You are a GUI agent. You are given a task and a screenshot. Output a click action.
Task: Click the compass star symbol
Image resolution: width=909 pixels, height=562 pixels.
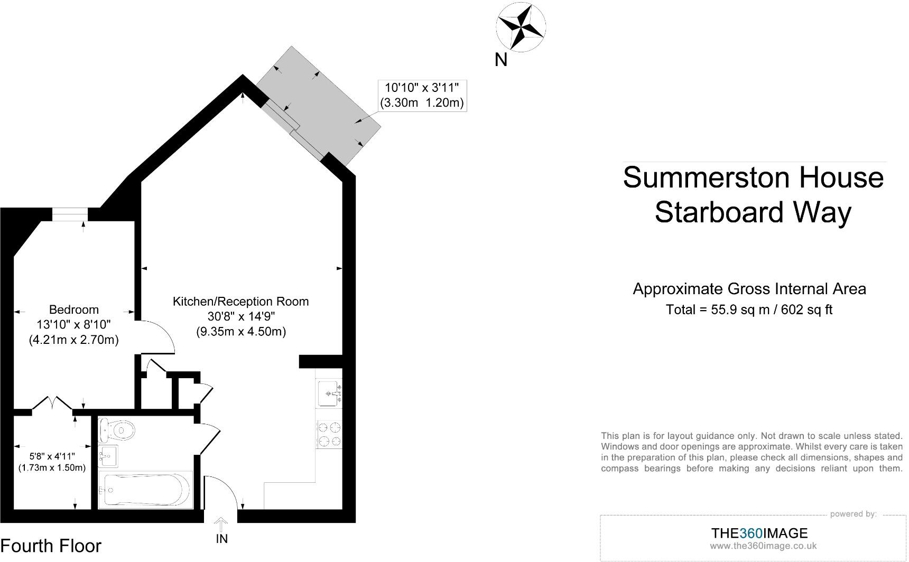click(521, 26)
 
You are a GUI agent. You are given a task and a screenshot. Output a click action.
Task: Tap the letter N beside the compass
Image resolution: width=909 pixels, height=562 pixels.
click(500, 60)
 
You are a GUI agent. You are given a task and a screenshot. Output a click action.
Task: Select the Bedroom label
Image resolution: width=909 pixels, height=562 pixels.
click(73, 310)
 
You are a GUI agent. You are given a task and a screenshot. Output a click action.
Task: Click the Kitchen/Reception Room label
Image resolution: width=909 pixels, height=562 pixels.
click(240, 302)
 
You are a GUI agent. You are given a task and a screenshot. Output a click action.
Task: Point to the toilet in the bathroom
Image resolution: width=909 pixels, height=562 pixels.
click(117, 430)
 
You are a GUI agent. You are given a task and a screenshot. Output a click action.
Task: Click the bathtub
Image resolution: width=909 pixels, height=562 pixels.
click(146, 490)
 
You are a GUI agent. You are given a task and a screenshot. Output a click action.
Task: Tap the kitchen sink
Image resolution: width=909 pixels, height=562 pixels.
click(328, 394)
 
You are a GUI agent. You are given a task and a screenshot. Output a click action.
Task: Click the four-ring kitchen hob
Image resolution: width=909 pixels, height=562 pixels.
click(329, 434)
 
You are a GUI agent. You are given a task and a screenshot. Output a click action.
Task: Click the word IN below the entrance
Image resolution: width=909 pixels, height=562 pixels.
click(222, 539)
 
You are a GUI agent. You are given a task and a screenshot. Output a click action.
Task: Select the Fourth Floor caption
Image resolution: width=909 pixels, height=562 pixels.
click(51, 546)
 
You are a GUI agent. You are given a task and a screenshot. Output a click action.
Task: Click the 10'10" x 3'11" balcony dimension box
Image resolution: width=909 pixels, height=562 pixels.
click(422, 95)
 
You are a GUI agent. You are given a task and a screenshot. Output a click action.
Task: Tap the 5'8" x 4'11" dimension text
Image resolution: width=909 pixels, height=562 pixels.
click(52, 456)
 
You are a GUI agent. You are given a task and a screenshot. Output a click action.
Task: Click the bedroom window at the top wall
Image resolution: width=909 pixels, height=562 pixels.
click(70, 213)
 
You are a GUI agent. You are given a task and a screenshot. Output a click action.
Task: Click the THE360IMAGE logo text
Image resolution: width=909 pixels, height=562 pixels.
click(759, 533)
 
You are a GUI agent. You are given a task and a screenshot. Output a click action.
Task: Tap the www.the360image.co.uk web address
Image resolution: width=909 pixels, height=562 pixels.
click(763, 546)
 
